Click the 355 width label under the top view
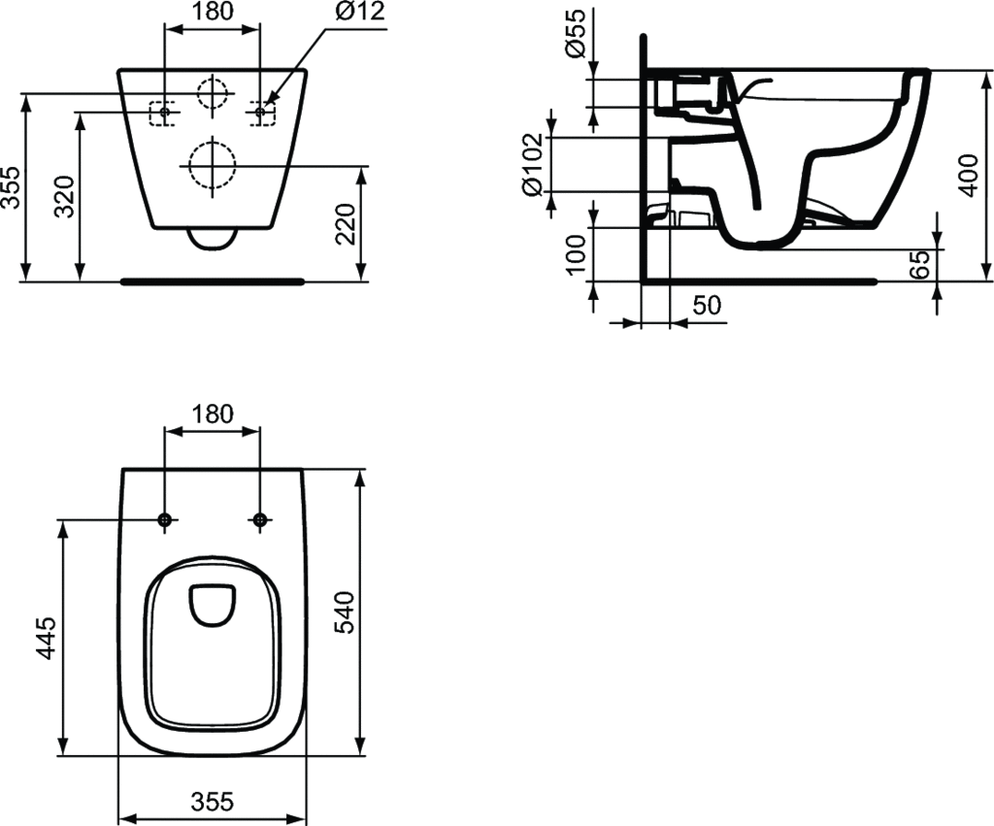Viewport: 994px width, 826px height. pyautogui.click(x=212, y=801)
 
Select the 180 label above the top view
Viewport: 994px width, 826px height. pyautogui.click(x=212, y=413)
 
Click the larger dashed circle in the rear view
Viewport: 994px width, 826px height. pyautogui.click(x=212, y=164)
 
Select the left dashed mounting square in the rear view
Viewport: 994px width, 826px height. pyautogui.click(x=163, y=114)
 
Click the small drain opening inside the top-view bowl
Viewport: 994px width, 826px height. pyautogui.click(x=213, y=603)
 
